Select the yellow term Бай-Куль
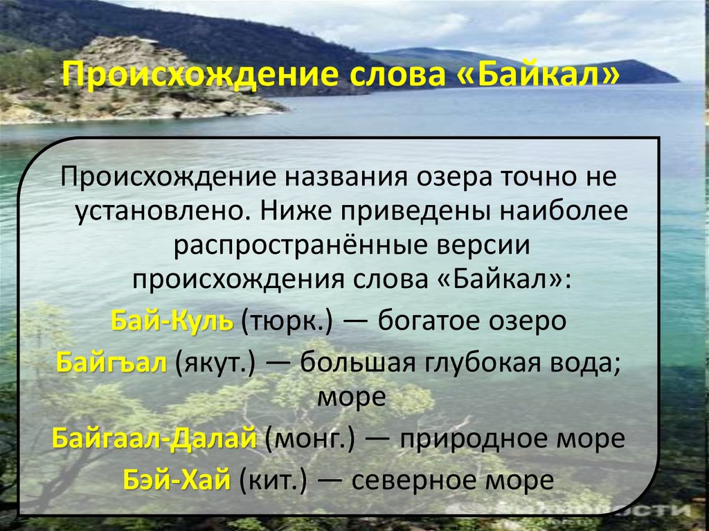[x=172, y=322]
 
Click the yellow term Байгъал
[x=111, y=362]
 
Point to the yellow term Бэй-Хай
[x=176, y=479]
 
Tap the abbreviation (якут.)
[x=216, y=363]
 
